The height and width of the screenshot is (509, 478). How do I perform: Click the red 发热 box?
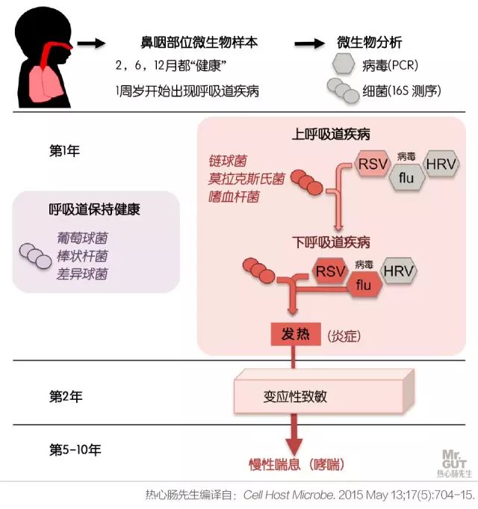click(295, 335)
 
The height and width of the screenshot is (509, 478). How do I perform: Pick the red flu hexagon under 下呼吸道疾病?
click(364, 285)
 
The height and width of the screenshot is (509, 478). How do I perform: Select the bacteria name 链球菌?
click(227, 161)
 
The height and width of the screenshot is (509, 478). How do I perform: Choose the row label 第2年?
click(65, 397)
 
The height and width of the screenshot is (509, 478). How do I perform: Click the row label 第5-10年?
click(75, 450)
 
